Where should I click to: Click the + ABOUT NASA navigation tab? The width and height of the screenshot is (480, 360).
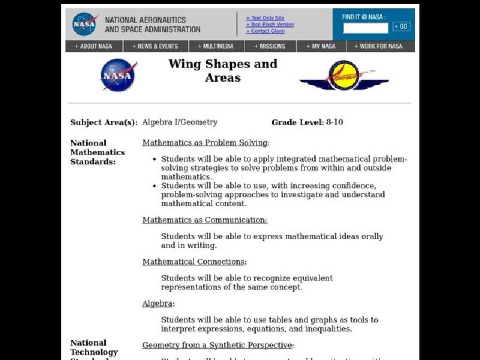click(94, 46)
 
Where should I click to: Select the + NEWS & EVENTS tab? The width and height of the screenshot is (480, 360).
click(156, 46)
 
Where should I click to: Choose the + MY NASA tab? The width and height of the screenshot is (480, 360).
click(320, 46)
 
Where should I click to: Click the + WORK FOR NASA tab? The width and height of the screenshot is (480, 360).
click(378, 46)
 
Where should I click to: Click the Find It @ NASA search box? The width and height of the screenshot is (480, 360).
click(365, 27)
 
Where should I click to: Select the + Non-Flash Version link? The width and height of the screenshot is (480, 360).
click(269, 25)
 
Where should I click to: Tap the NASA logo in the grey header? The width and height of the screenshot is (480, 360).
click(85, 23)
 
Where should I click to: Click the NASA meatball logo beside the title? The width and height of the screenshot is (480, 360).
click(118, 75)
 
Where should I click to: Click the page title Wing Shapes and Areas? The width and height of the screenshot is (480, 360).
click(223, 71)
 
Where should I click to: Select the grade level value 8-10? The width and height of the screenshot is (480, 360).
click(334, 122)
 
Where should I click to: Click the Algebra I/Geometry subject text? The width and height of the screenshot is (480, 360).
click(179, 122)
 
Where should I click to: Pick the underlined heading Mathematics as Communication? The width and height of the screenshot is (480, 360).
click(205, 220)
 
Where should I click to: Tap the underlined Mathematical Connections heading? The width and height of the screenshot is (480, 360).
click(193, 262)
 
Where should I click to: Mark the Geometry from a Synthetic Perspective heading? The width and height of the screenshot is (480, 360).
click(217, 345)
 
